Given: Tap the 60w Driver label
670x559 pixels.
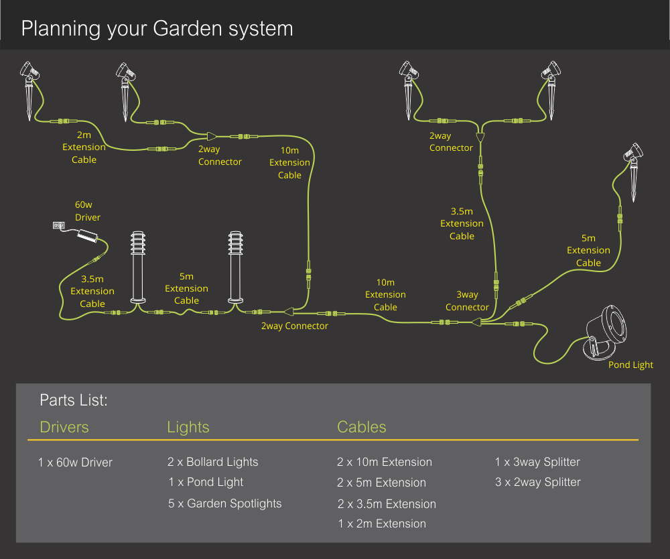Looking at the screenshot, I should [88, 211].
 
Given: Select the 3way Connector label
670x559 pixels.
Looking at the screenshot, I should [467, 301].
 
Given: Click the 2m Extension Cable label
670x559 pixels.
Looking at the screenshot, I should [84, 147].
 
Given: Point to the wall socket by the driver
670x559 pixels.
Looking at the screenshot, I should [58, 226].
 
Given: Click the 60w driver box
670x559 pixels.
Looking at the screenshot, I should [87, 235].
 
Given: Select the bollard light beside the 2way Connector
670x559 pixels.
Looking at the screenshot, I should [235, 267].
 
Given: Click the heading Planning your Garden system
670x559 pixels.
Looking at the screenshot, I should [157, 29].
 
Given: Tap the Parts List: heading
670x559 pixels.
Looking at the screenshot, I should [74, 400].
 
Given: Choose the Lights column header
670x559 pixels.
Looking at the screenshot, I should [188, 427].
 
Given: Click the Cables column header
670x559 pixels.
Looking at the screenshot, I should [362, 427].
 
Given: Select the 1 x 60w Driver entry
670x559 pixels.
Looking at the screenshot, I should [76, 462].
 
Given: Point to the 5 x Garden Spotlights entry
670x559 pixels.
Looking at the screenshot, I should [225, 503].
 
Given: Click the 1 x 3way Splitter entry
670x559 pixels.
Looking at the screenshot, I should [537, 462].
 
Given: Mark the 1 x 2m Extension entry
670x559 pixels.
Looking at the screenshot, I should [382, 523].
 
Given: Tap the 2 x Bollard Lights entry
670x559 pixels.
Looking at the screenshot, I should [213, 462].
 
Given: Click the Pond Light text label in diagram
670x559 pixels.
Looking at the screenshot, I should [630, 365].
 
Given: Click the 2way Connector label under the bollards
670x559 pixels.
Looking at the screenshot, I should [295, 326].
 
